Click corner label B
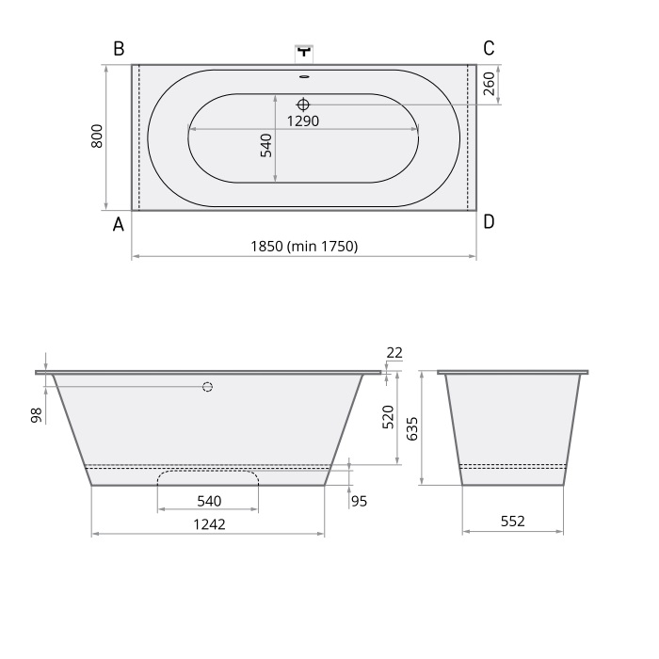point(119,48)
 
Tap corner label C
point(489,48)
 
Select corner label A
point(119,224)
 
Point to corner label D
point(489,221)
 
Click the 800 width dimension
point(97,136)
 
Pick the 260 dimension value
point(490,84)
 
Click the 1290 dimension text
point(303,121)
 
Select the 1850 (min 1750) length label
point(304,246)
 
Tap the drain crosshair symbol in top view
point(303,104)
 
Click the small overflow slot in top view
point(304,77)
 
